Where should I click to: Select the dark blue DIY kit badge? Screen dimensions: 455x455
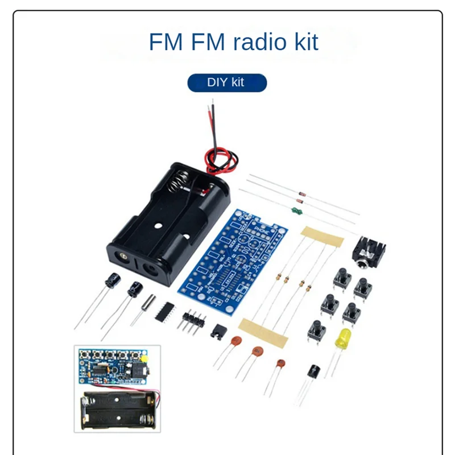click(x=227, y=82)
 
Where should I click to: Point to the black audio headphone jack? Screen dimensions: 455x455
click(x=369, y=253)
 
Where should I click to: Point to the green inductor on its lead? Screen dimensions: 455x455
click(x=295, y=211)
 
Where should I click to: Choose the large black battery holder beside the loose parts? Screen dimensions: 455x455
click(x=168, y=222)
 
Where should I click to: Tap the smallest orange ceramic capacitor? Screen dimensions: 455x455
click(x=280, y=363)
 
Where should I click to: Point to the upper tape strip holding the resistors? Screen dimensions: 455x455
click(x=322, y=236)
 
